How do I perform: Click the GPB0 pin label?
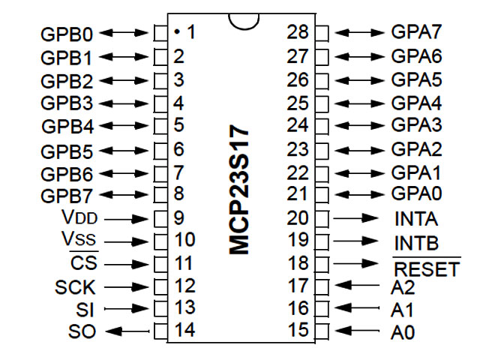point(68,34)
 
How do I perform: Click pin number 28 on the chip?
point(298,32)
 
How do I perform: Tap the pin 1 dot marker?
point(175,32)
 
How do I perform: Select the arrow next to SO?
point(125,331)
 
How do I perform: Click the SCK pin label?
point(76,286)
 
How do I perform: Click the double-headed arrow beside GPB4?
point(126,125)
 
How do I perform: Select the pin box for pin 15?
point(322,331)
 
